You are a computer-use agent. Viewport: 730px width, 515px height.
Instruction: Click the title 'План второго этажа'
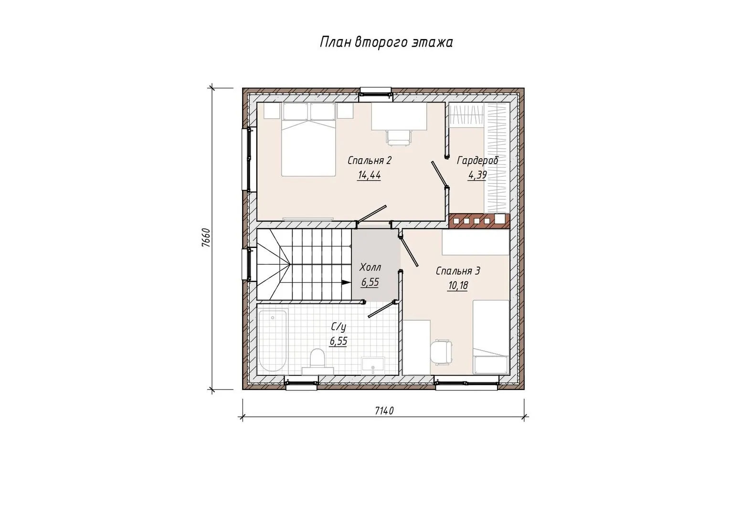click(x=386, y=42)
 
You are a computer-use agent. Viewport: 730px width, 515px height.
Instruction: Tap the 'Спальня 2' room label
click(x=369, y=161)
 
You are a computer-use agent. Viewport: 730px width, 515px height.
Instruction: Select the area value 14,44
click(x=369, y=175)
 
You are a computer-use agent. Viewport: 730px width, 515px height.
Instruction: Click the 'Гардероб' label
click(x=478, y=161)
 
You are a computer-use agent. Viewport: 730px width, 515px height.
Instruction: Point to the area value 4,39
click(x=477, y=175)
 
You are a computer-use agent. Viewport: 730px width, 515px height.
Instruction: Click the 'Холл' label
click(x=370, y=268)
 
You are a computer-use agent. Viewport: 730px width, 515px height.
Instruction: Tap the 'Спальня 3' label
click(x=458, y=271)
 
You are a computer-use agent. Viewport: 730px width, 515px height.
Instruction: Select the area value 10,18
click(x=458, y=286)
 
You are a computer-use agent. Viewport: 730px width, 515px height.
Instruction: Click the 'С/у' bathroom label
click(x=339, y=327)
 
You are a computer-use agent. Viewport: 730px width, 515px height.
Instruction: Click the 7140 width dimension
click(x=384, y=411)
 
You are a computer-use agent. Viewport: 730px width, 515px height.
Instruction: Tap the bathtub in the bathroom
click(x=272, y=340)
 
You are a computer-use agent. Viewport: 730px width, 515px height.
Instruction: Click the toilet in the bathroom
click(x=317, y=361)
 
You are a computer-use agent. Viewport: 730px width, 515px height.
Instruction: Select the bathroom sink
click(x=373, y=365)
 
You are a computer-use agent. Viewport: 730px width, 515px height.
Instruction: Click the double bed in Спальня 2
click(x=308, y=140)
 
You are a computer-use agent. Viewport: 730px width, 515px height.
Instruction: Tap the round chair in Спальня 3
click(x=441, y=351)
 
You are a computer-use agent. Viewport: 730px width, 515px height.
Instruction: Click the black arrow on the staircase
click(x=346, y=283)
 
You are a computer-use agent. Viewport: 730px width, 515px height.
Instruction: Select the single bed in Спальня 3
click(x=491, y=337)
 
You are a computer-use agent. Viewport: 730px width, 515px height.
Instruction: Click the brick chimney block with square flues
click(x=479, y=221)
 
